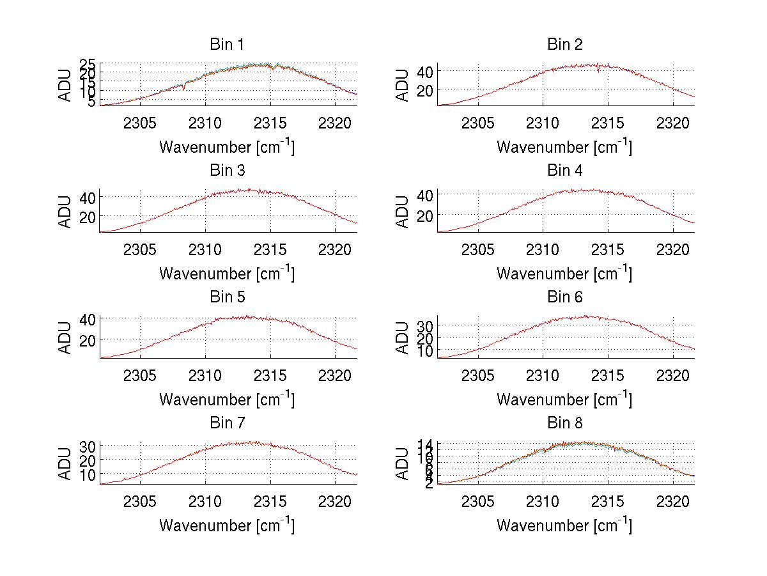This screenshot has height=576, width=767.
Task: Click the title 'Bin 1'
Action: [226, 45]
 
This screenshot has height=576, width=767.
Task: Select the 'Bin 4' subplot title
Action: [564, 171]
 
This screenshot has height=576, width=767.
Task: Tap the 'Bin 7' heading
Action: [226, 423]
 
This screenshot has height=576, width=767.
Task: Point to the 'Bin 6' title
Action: [564, 297]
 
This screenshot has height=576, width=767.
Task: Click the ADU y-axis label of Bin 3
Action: [66, 211]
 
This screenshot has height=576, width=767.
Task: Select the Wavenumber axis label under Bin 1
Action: [226, 146]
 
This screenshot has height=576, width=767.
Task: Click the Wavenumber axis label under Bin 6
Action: [564, 399]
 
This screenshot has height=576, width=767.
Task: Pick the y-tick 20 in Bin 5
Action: [88, 339]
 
